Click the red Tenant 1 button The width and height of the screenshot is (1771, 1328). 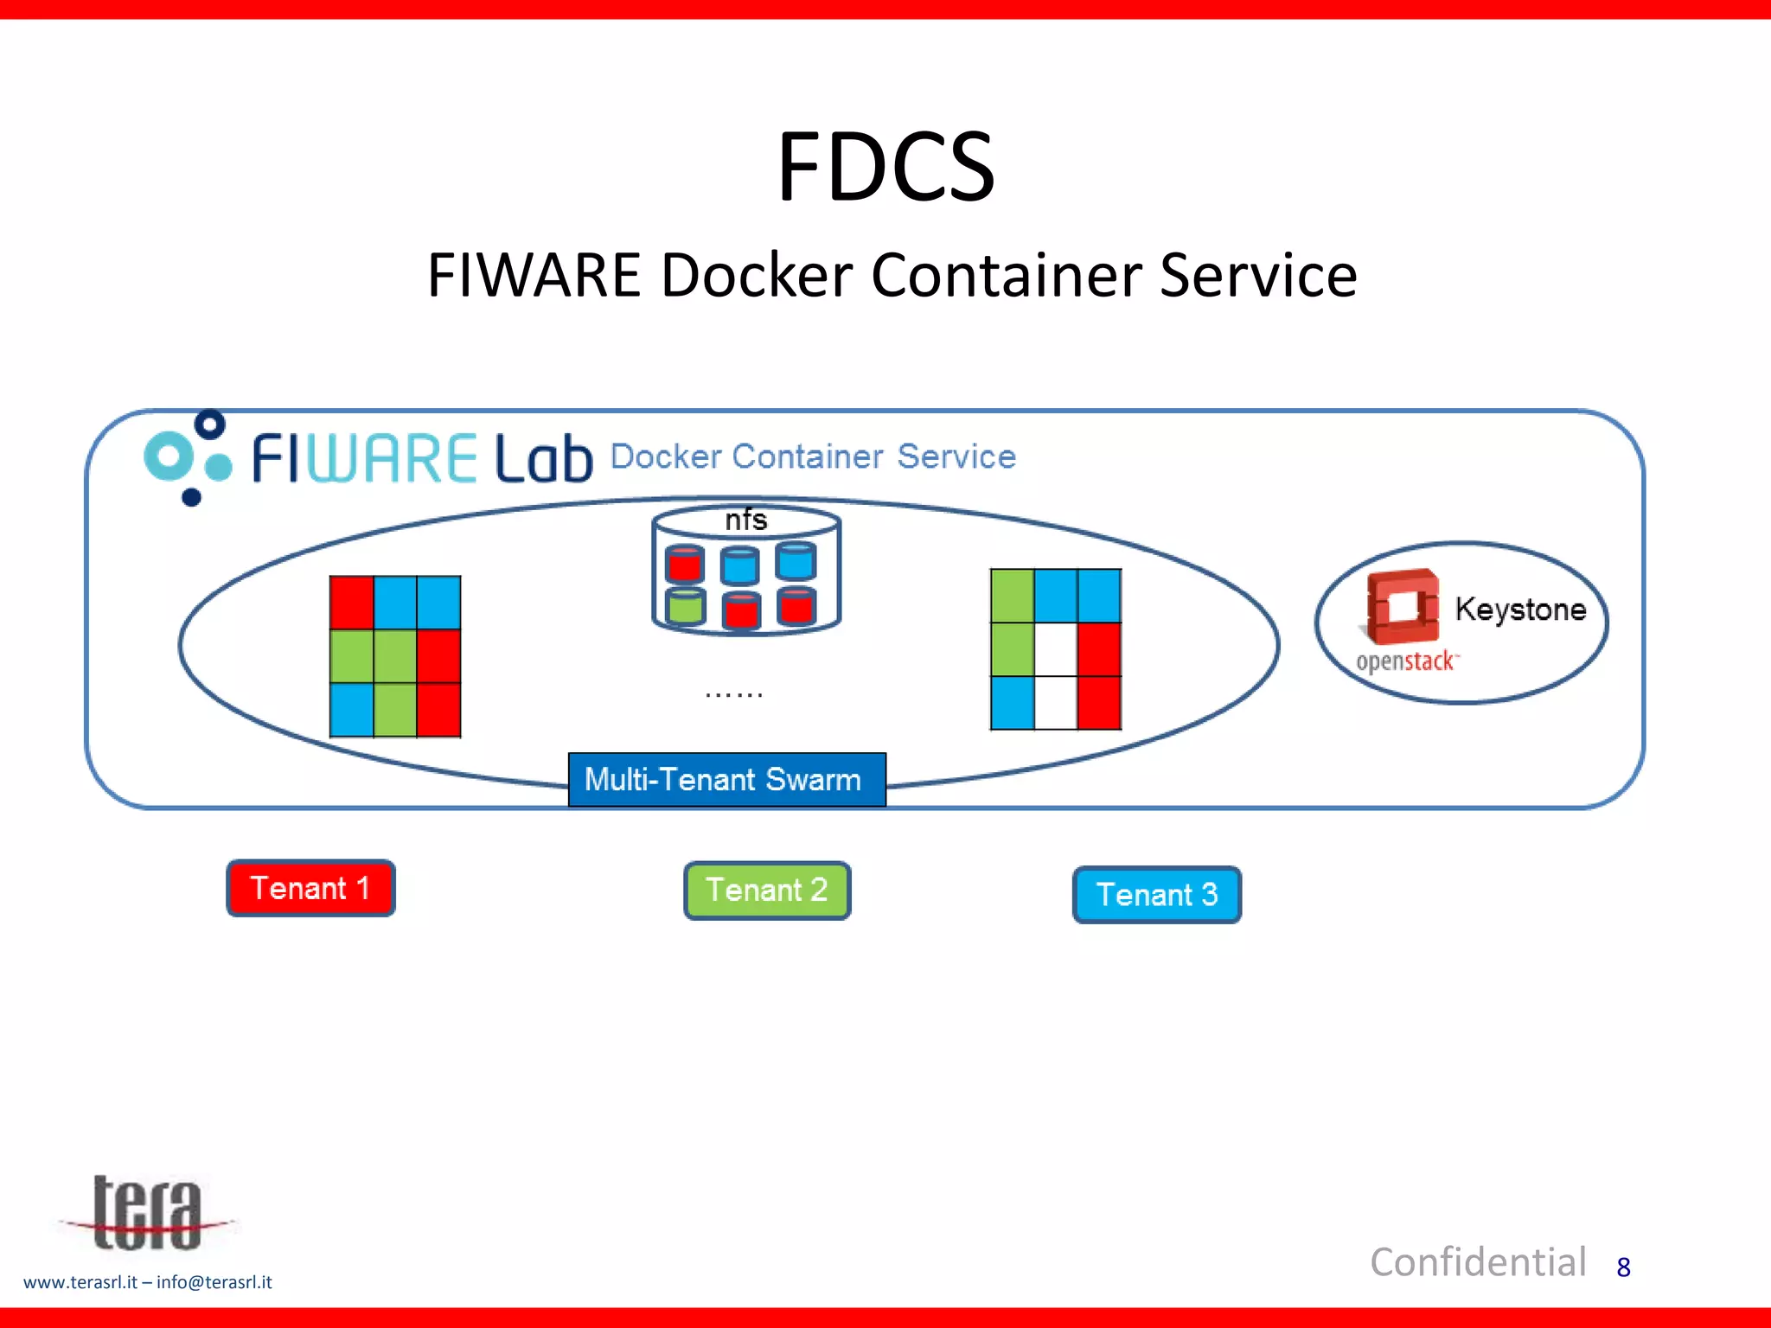310,888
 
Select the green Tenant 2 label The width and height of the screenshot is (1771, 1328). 767,891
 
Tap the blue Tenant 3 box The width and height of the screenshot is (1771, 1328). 1156,895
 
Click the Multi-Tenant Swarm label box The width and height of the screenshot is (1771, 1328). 726,780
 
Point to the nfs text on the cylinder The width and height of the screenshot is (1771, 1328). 745,520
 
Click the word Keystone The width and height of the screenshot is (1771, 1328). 1520,610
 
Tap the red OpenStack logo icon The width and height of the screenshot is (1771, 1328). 1402,606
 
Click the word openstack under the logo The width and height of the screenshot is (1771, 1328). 1405,662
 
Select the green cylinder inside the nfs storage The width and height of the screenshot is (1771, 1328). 686,606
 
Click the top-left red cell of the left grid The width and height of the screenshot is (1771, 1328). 352,603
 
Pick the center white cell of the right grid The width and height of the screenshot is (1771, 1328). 1056,649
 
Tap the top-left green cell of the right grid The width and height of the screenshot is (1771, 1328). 1012,596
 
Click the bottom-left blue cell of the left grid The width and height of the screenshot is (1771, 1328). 352,710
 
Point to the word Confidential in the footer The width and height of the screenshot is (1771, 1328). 1478,1262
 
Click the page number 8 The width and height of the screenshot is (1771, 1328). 1623,1267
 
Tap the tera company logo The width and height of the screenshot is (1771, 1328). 147,1214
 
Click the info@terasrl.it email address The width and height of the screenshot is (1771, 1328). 214,1282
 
